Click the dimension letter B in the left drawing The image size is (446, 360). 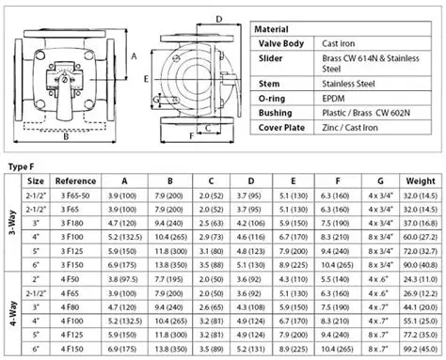[65, 137]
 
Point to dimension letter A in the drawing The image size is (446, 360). [134, 55]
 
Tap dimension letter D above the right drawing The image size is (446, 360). [217, 18]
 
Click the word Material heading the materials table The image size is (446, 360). [277, 29]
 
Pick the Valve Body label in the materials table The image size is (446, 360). [279, 44]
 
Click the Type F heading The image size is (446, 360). [23, 165]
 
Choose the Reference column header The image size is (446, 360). [75, 180]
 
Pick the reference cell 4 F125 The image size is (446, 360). [75, 333]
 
